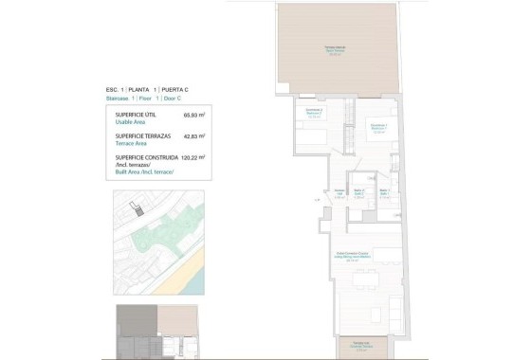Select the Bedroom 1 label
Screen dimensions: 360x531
pos(377,129)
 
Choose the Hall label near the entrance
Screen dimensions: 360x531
pos(339,194)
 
